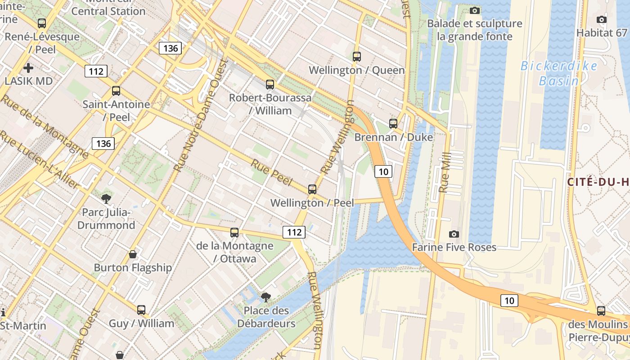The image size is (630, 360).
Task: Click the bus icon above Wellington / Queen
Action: [357, 57]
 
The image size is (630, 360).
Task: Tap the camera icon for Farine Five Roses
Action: [454, 234]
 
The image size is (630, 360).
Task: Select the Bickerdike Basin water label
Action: [559, 73]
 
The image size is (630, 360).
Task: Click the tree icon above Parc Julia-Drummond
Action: [107, 198]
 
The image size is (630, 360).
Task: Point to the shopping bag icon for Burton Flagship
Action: [133, 254]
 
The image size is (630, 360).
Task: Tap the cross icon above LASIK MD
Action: [28, 68]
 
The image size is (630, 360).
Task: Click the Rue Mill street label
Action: [445, 173]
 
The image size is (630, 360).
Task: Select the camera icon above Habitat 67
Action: [601, 19]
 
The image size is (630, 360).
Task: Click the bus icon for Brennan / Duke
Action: [393, 123]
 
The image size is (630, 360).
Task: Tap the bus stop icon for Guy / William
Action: [141, 310]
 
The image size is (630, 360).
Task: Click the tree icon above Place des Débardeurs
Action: [266, 297]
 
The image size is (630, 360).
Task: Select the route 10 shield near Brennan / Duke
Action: [383, 171]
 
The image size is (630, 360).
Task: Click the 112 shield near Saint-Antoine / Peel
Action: [96, 71]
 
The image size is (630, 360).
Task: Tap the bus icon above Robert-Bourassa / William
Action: [270, 84]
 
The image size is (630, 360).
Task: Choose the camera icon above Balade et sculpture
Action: [474, 10]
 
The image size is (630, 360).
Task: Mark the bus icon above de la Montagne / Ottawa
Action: [234, 232]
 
